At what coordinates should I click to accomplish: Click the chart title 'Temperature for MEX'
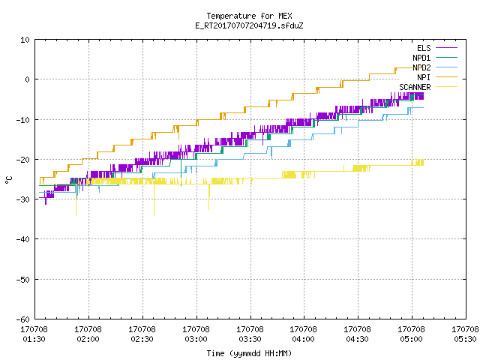pyautogui.click(x=249, y=16)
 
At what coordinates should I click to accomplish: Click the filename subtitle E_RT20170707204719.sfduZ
pyautogui.click(x=249, y=25)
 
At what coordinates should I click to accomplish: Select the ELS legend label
pyautogui.click(x=424, y=48)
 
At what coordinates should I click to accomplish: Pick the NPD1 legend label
pyautogui.click(x=421, y=58)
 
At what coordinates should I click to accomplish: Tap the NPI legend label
pyautogui.click(x=424, y=77)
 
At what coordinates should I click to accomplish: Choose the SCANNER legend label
pyautogui.click(x=415, y=87)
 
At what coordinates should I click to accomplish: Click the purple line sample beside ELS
pyautogui.click(x=446, y=48)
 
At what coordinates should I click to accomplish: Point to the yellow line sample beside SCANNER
pyautogui.click(x=446, y=87)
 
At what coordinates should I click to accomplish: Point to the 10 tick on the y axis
pyautogui.click(x=25, y=40)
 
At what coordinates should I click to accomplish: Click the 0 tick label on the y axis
pyautogui.click(x=28, y=79)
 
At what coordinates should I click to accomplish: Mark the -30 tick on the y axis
pyautogui.click(x=23, y=199)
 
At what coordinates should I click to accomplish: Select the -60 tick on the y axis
pyautogui.click(x=23, y=319)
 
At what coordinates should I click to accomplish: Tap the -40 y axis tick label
pyautogui.click(x=23, y=239)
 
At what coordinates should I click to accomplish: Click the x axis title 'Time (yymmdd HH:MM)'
pyautogui.click(x=249, y=353)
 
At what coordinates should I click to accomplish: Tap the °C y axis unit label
pyautogui.click(x=8, y=180)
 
